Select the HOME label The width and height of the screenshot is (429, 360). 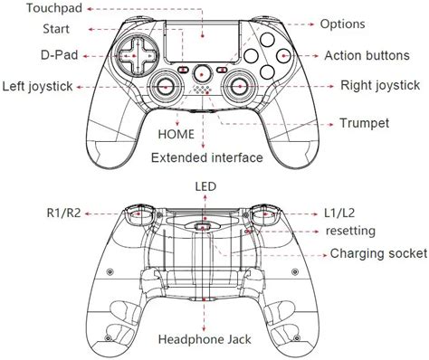174,133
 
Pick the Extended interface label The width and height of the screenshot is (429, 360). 207,157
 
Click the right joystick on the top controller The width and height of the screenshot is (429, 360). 240,87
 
